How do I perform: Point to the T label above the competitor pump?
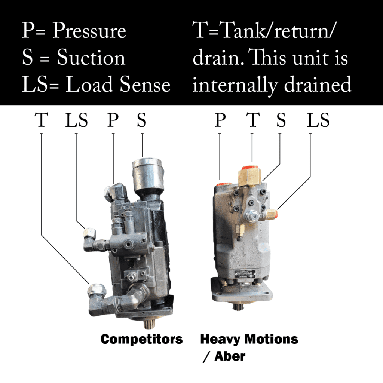click(41, 120)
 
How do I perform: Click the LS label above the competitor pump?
click(76, 120)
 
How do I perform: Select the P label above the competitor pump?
click(113, 120)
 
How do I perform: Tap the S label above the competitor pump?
click(141, 120)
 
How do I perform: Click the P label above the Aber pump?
click(220, 120)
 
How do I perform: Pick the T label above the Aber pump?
click(253, 120)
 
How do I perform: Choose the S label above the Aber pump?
click(281, 120)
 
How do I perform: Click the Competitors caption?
click(141, 339)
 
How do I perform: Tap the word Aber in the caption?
click(230, 356)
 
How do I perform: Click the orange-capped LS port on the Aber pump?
click(272, 214)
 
